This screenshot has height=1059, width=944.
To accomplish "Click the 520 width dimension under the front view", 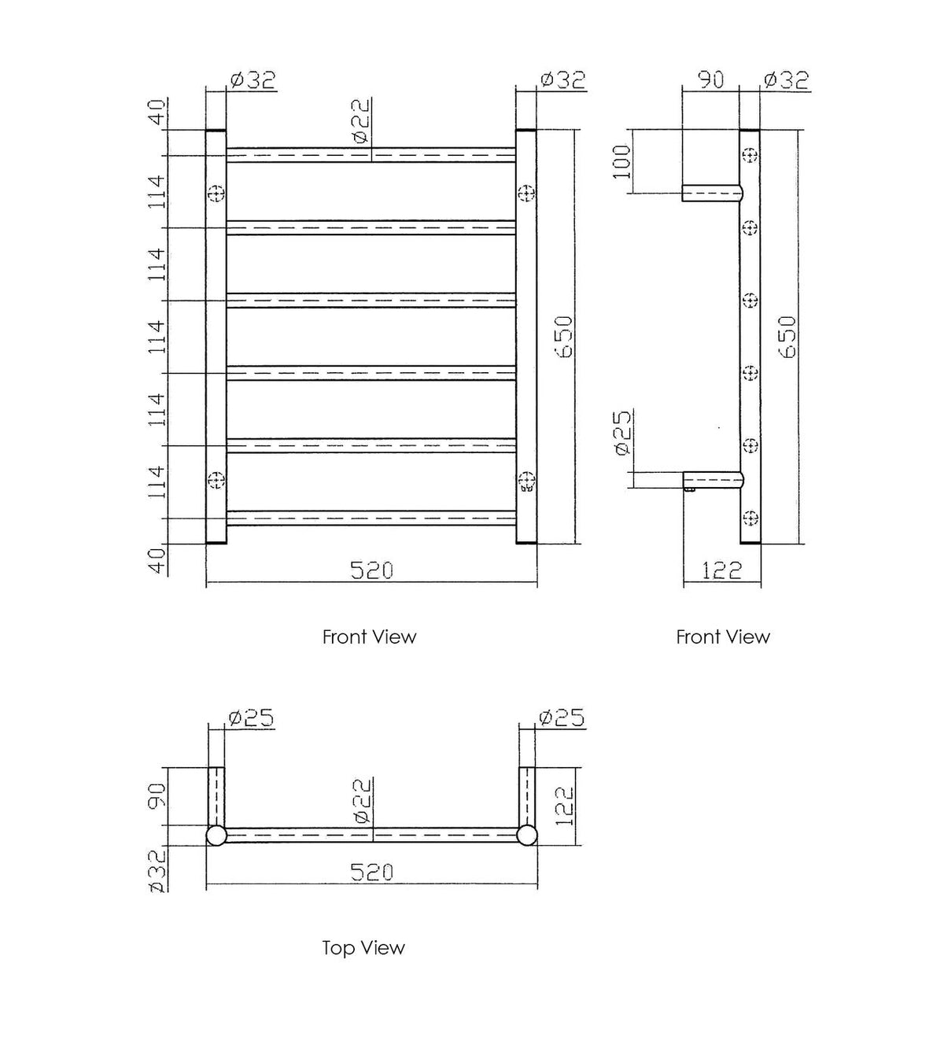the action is pos(371,570).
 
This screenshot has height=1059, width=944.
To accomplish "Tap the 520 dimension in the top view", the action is pos(371,872).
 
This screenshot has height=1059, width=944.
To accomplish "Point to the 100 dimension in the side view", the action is pos(622,161).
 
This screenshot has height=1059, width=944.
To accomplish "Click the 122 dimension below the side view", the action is pos(721,570).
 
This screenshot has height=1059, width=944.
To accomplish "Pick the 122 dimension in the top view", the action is pos(564,806).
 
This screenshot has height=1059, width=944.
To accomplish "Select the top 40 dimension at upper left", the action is pos(157,113).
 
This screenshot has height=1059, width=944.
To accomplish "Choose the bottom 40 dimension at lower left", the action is pos(157,559).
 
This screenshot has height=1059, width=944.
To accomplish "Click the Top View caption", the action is pos(363,947).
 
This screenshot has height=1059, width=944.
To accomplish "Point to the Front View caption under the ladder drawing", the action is pos(369,637).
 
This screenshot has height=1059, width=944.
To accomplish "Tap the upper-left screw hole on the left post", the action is pos(216,193).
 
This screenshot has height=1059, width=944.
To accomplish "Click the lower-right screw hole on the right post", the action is pos(526,480).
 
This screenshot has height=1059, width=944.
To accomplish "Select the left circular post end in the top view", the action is pos(216,836).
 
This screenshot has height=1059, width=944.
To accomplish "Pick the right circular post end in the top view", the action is pos(527,836).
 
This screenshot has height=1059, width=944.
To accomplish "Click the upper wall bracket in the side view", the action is pos(713,193).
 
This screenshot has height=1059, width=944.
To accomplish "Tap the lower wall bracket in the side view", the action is pos(713,480).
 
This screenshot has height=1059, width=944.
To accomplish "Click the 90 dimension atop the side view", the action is pos(711,80).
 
